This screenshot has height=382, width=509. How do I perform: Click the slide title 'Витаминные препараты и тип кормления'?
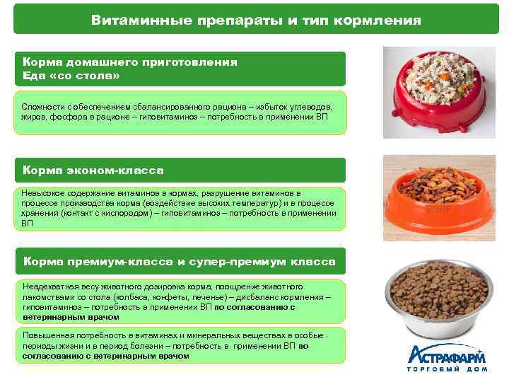(x=255, y=21)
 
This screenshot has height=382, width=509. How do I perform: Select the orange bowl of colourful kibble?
(x=438, y=199)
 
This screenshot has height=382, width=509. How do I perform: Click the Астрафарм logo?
(x=447, y=354)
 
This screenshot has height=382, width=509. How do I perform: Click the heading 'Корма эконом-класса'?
(x=93, y=170)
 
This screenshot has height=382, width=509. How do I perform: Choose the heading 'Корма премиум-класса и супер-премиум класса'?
(x=179, y=262)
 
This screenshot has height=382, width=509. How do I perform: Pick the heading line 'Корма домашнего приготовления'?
(x=129, y=62)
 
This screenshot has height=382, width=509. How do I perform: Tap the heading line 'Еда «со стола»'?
(x=71, y=76)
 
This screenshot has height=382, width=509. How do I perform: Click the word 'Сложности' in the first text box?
(x=42, y=106)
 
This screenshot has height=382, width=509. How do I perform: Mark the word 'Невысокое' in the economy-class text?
(x=45, y=193)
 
